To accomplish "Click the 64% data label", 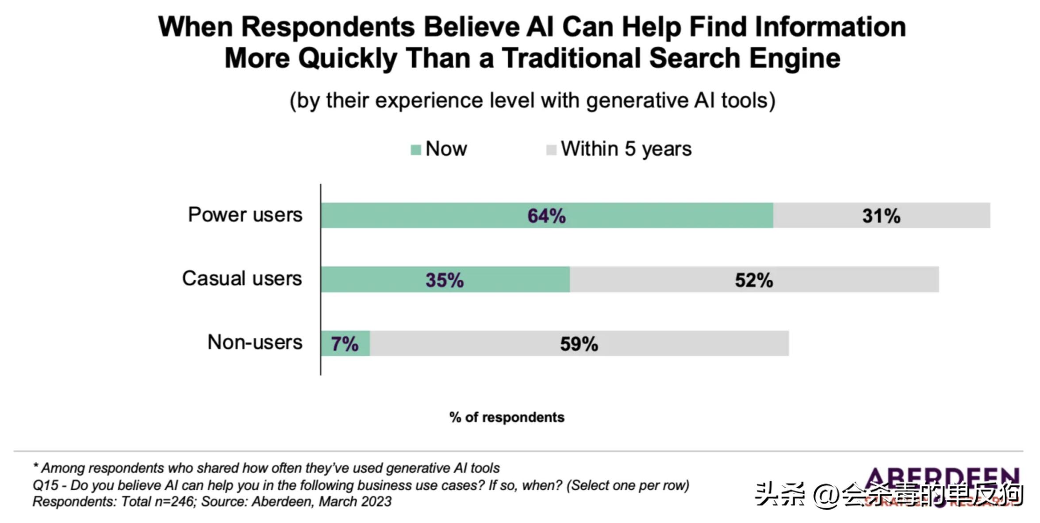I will (546, 216).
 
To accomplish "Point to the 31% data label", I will (881, 216).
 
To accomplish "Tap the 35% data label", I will (445, 280).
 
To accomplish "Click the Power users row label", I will (245, 215).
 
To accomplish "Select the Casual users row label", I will (242, 278).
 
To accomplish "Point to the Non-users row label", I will (255, 342).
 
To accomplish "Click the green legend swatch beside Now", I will (415, 150).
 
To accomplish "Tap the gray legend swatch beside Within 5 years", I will (551, 150).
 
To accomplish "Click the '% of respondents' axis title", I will (507, 417).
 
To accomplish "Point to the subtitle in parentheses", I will (532, 100).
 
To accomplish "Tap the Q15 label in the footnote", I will (45, 485).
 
